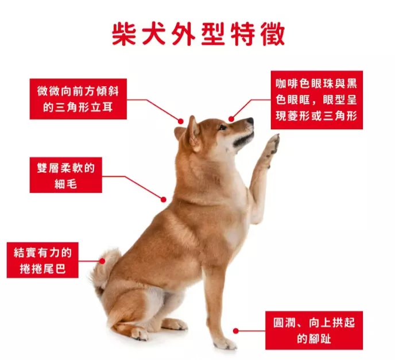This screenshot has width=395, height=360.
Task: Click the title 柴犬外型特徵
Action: click(199, 34)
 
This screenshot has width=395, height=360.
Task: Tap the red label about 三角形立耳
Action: click(78, 99)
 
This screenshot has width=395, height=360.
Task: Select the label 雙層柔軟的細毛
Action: click(66, 175)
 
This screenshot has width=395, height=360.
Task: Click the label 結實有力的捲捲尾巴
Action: click(42, 260)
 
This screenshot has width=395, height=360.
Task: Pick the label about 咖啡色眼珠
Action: click(317, 100)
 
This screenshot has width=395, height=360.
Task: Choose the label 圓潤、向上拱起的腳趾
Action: click(314, 330)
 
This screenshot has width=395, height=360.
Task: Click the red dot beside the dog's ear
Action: click(181, 121)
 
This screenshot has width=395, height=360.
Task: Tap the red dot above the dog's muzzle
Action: click(231, 119)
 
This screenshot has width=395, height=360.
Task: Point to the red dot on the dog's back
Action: click(164, 200)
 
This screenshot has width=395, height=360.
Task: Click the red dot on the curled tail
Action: click(102, 261)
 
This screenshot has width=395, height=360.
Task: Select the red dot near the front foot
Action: click(236, 331)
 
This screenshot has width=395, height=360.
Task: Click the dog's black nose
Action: click(250, 121)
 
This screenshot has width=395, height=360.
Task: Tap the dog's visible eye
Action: click(223, 127)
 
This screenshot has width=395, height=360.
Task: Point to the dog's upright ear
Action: click(193, 134)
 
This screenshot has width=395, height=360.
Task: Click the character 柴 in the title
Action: click(123, 34)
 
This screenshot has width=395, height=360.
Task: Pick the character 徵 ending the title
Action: click(273, 34)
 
